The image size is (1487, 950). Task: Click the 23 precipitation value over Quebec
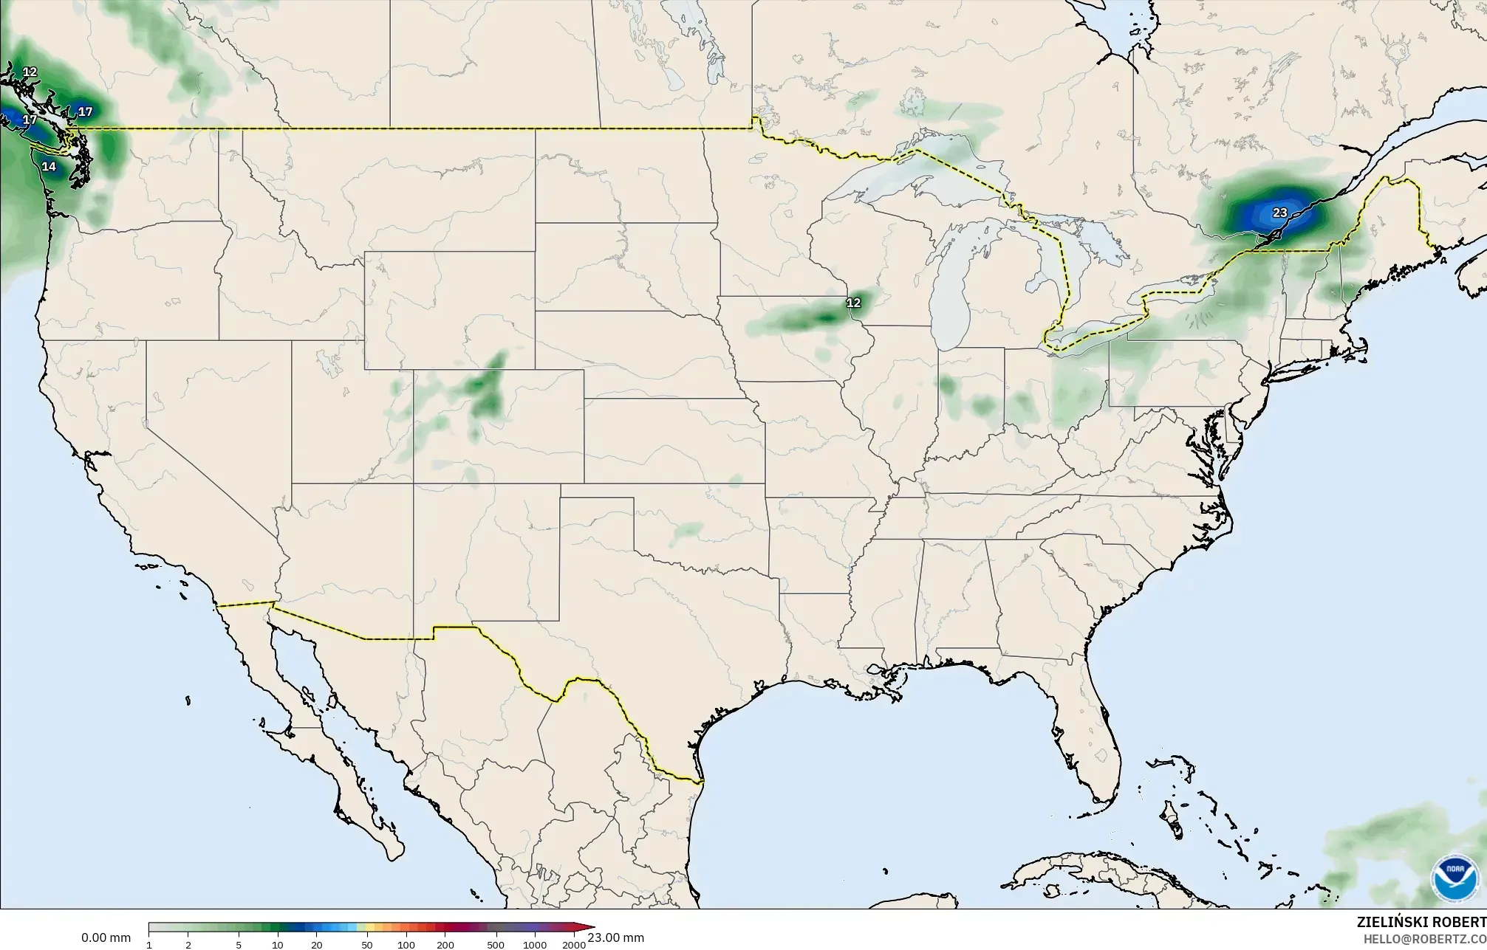click(1279, 213)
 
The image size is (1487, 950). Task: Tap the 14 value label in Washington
click(49, 167)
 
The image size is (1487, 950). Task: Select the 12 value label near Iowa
click(853, 303)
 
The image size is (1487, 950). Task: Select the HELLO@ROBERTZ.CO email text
click(1424, 938)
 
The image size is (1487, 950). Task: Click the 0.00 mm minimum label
click(106, 937)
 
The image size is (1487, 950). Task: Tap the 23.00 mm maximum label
click(616, 937)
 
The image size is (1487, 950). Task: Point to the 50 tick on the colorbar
click(367, 945)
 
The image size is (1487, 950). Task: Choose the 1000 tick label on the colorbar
click(535, 945)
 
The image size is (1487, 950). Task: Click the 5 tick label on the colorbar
click(239, 945)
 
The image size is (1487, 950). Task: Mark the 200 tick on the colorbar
click(445, 945)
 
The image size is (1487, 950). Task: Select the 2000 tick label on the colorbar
click(574, 945)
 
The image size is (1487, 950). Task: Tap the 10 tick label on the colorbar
click(277, 945)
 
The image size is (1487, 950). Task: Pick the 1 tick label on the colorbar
click(149, 945)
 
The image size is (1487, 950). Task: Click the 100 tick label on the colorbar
click(406, 945)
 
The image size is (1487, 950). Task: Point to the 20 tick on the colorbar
click(316, 945)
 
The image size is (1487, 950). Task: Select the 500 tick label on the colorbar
click(496, 945)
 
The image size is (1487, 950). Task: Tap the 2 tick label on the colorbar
click(188, 945)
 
